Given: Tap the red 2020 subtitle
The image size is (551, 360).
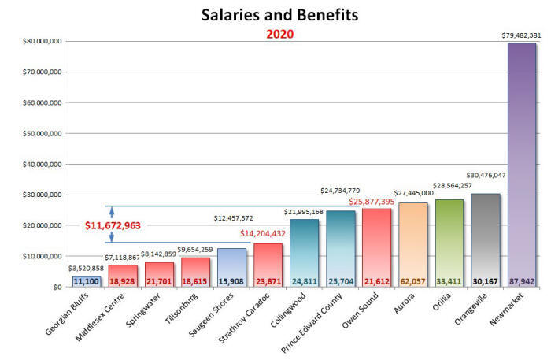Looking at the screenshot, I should coord(279,35).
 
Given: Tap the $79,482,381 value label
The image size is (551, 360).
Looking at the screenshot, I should coord(520,35).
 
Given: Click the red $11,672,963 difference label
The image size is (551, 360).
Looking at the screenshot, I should coord(113,226).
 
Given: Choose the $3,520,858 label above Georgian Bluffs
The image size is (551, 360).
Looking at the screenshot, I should coord(86,268).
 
